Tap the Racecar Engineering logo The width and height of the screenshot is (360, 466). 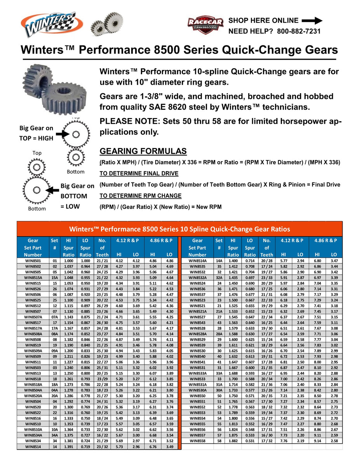pyautogui.click(x=205, y=25)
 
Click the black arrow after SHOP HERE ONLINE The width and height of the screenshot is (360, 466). pyautogui.click(x=312, y=21)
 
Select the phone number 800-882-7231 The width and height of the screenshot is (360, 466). pyautogui.click(x=299, y=31)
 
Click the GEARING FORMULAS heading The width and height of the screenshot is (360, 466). pyautogui.click(x=143, y=151)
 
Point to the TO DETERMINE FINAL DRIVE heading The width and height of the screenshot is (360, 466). pyautogui.click(x=139, y=173)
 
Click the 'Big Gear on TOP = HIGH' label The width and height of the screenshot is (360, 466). pyautogui.click(x=36, y=132)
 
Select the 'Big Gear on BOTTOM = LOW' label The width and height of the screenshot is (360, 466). pyautogui.click(x=77, y=196)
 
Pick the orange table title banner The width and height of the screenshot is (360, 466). pyautogui.click(x=179, y=229)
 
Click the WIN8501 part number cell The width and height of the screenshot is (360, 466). pyautogui.click(x=33, y=261)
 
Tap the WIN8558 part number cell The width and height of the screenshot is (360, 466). pyautogui.click(x=197, y=442)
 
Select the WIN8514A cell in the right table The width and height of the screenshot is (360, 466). pyautogui.click(x=197, y=261)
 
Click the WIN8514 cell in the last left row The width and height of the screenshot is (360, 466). pyautogui.click(x=33, y=447)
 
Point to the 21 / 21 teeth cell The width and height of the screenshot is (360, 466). pyautogui.click(x=103, y=261)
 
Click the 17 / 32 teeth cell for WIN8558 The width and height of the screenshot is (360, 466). pyautogui.click(x=267, y=442)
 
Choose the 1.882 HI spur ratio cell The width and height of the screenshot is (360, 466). pyautogui.click(x=233, y=442)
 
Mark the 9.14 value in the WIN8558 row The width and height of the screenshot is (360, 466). pyautogui.click(x=317, y=442)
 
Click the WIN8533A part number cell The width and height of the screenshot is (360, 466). pyautogui.click(x=197, y=373)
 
